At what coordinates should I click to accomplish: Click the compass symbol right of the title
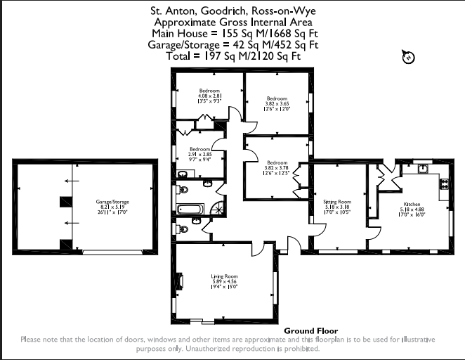[x=407, y=57]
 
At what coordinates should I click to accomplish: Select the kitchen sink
[x=423, y=169]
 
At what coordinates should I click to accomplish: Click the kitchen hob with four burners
[x=445, y=184]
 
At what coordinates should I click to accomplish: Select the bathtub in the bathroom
[x=190, y=209]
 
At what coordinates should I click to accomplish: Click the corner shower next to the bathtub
[x=218, y=208]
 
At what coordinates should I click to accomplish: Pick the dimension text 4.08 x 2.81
[x=209, y=96]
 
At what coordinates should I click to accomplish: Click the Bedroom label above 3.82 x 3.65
[x=277, y=98]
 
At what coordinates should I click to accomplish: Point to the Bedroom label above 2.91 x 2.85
[x=199, y=149]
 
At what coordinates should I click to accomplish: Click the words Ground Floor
[x=310, y=330]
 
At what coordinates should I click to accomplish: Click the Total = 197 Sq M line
[x=232, y=55]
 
